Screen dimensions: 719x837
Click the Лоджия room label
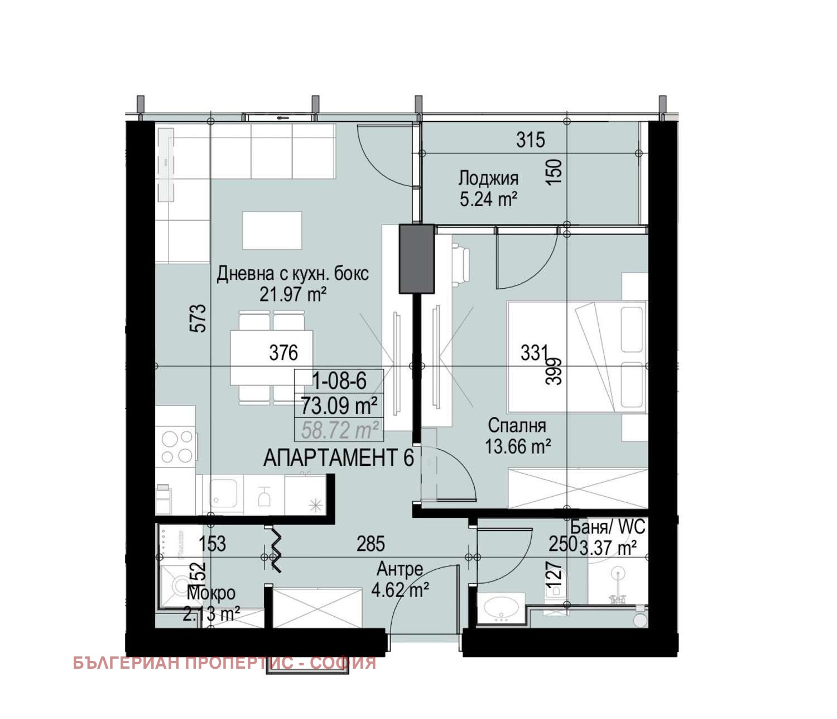pyautogui.click(x=488, y=178)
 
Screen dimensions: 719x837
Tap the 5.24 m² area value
pyautogui.click(x=488, y=198)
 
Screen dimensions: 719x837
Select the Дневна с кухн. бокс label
pyautogui.click(x=292, y=274)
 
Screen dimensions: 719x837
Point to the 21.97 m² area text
pyautogui.click(x=292, y=294)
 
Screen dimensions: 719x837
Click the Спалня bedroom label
pyautogui.click(x=517, y=426)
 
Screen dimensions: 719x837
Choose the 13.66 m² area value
pyautogui.click(x=518, y=446)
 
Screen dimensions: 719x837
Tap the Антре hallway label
pyautogui.click(x=400, y=569)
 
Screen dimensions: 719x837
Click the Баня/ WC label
pyautogui.click(x=608, y=526)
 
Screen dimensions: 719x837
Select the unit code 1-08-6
pyautogui.click(x=339, y=381)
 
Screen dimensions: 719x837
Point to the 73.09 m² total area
pyautogui.click(x=339, y=404)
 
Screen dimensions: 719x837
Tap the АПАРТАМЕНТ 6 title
pyautogui.click(x=338, y=458)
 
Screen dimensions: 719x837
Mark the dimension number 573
pyautogui.click(x=198, y=318)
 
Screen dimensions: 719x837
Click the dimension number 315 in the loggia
pyautogui.click(x=530, y=140)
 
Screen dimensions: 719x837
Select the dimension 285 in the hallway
pyautogui.click(x=371, y=544)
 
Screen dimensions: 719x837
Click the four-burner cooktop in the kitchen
pyautogui.click(x=176, y=446)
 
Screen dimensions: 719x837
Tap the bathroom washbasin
pyautogui.click(x=501, y=606)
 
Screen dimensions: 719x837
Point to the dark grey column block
pyautogui.click(x=416, y=258)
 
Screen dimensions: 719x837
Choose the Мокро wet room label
pyautogui.click(x=211, y=593)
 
